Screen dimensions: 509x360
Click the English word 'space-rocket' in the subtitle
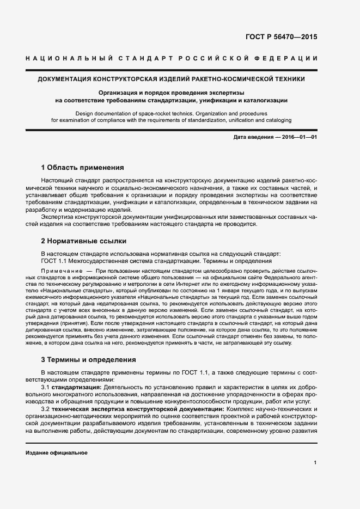pos(155,113)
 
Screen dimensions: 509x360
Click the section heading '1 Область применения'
pos(83,167)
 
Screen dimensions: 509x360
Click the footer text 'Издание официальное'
pos(56,453)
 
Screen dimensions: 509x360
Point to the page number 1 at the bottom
pos(315,463)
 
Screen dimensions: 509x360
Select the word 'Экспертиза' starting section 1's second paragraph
pos(57,216)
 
